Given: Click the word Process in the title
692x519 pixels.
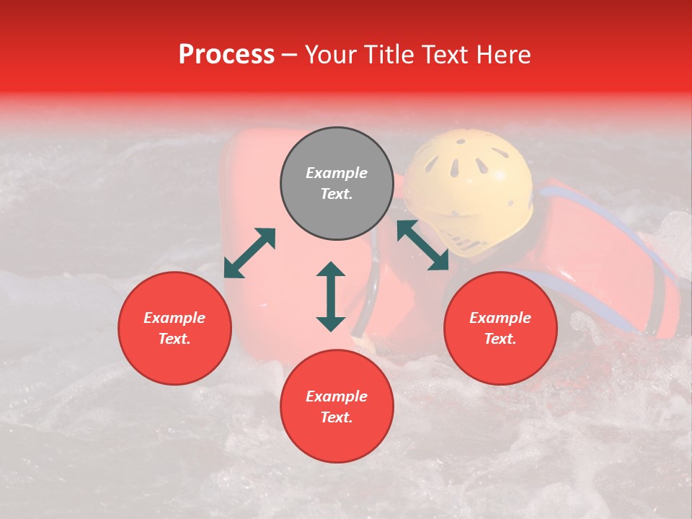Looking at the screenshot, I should (x=226, y=55).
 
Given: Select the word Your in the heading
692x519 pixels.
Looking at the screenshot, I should (x=332, y=55).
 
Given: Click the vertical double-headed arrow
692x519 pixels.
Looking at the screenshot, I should (x=331, y=296).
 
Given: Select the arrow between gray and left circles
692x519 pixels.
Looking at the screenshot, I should (x=249, y=253).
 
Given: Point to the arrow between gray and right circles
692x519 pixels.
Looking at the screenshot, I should (x=422, y=245).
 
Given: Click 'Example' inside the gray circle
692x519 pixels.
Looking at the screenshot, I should (x=337, y=173).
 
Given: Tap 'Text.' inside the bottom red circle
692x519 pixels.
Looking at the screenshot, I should (x=337, y=417).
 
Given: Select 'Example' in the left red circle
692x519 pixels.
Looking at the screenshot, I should (x=174, y=318).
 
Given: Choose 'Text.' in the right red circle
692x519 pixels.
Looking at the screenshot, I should (x=500, y=339).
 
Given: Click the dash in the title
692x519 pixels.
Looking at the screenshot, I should (x=290, y=55).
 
